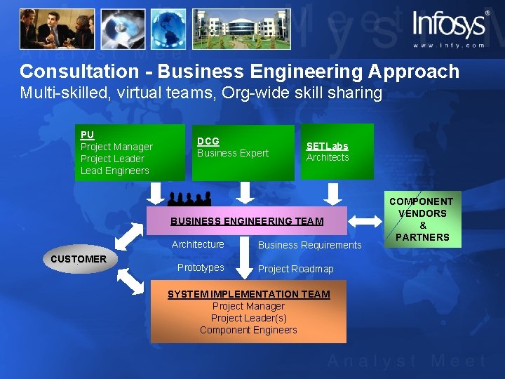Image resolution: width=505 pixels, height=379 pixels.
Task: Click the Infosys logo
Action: pyautogui.click(x=450, y=25)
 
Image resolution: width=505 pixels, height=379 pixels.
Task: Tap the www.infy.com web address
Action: pyautogui.click(x=448, y=45)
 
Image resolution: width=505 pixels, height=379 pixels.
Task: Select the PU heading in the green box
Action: pyautogui.click(x=87, y=135)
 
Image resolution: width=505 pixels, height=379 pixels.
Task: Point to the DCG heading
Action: pyautogui.click(x=208, y=141)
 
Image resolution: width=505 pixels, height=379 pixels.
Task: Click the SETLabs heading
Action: pyautogui.click(x=327, y=146)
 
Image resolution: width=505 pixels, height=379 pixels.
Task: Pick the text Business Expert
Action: pyautogui.click(x=233, y=153)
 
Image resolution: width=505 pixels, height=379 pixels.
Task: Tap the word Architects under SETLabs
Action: pyautogui.click(x=328, y=157)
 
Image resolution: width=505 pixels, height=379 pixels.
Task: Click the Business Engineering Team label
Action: pyautogui.click(x=247, y=221)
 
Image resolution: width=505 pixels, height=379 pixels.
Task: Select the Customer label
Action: pyautogui.click(x=79, y=259)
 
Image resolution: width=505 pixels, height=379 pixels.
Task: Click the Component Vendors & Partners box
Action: pyautogui.click(x=422, y=219)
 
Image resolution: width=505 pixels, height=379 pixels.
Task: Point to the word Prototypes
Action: pyautogui.click(x=201, y=267)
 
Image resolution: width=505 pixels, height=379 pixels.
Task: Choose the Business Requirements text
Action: pyautogui.click(x=309, y=245)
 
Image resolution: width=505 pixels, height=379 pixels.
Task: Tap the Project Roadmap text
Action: pyautogui.click(x=296, y=269)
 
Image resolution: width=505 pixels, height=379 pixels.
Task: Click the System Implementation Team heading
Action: pyautogui.click(x=248, y=294)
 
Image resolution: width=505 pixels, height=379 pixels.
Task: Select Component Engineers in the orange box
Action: pyautogui.click(x=248, y=330)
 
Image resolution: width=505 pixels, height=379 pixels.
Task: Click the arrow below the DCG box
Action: pyautogui.click(x=244, y=191)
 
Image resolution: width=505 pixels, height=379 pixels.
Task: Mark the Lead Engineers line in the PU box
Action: pyautogui.click(x=115, y=171)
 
